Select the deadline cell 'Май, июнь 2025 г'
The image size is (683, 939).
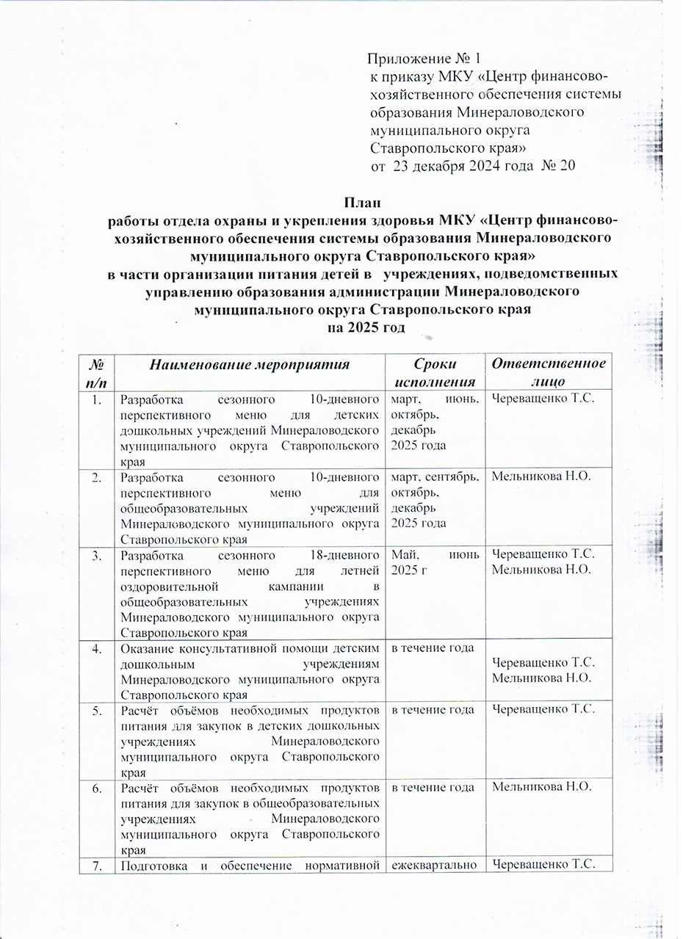click(x=433, y=560)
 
